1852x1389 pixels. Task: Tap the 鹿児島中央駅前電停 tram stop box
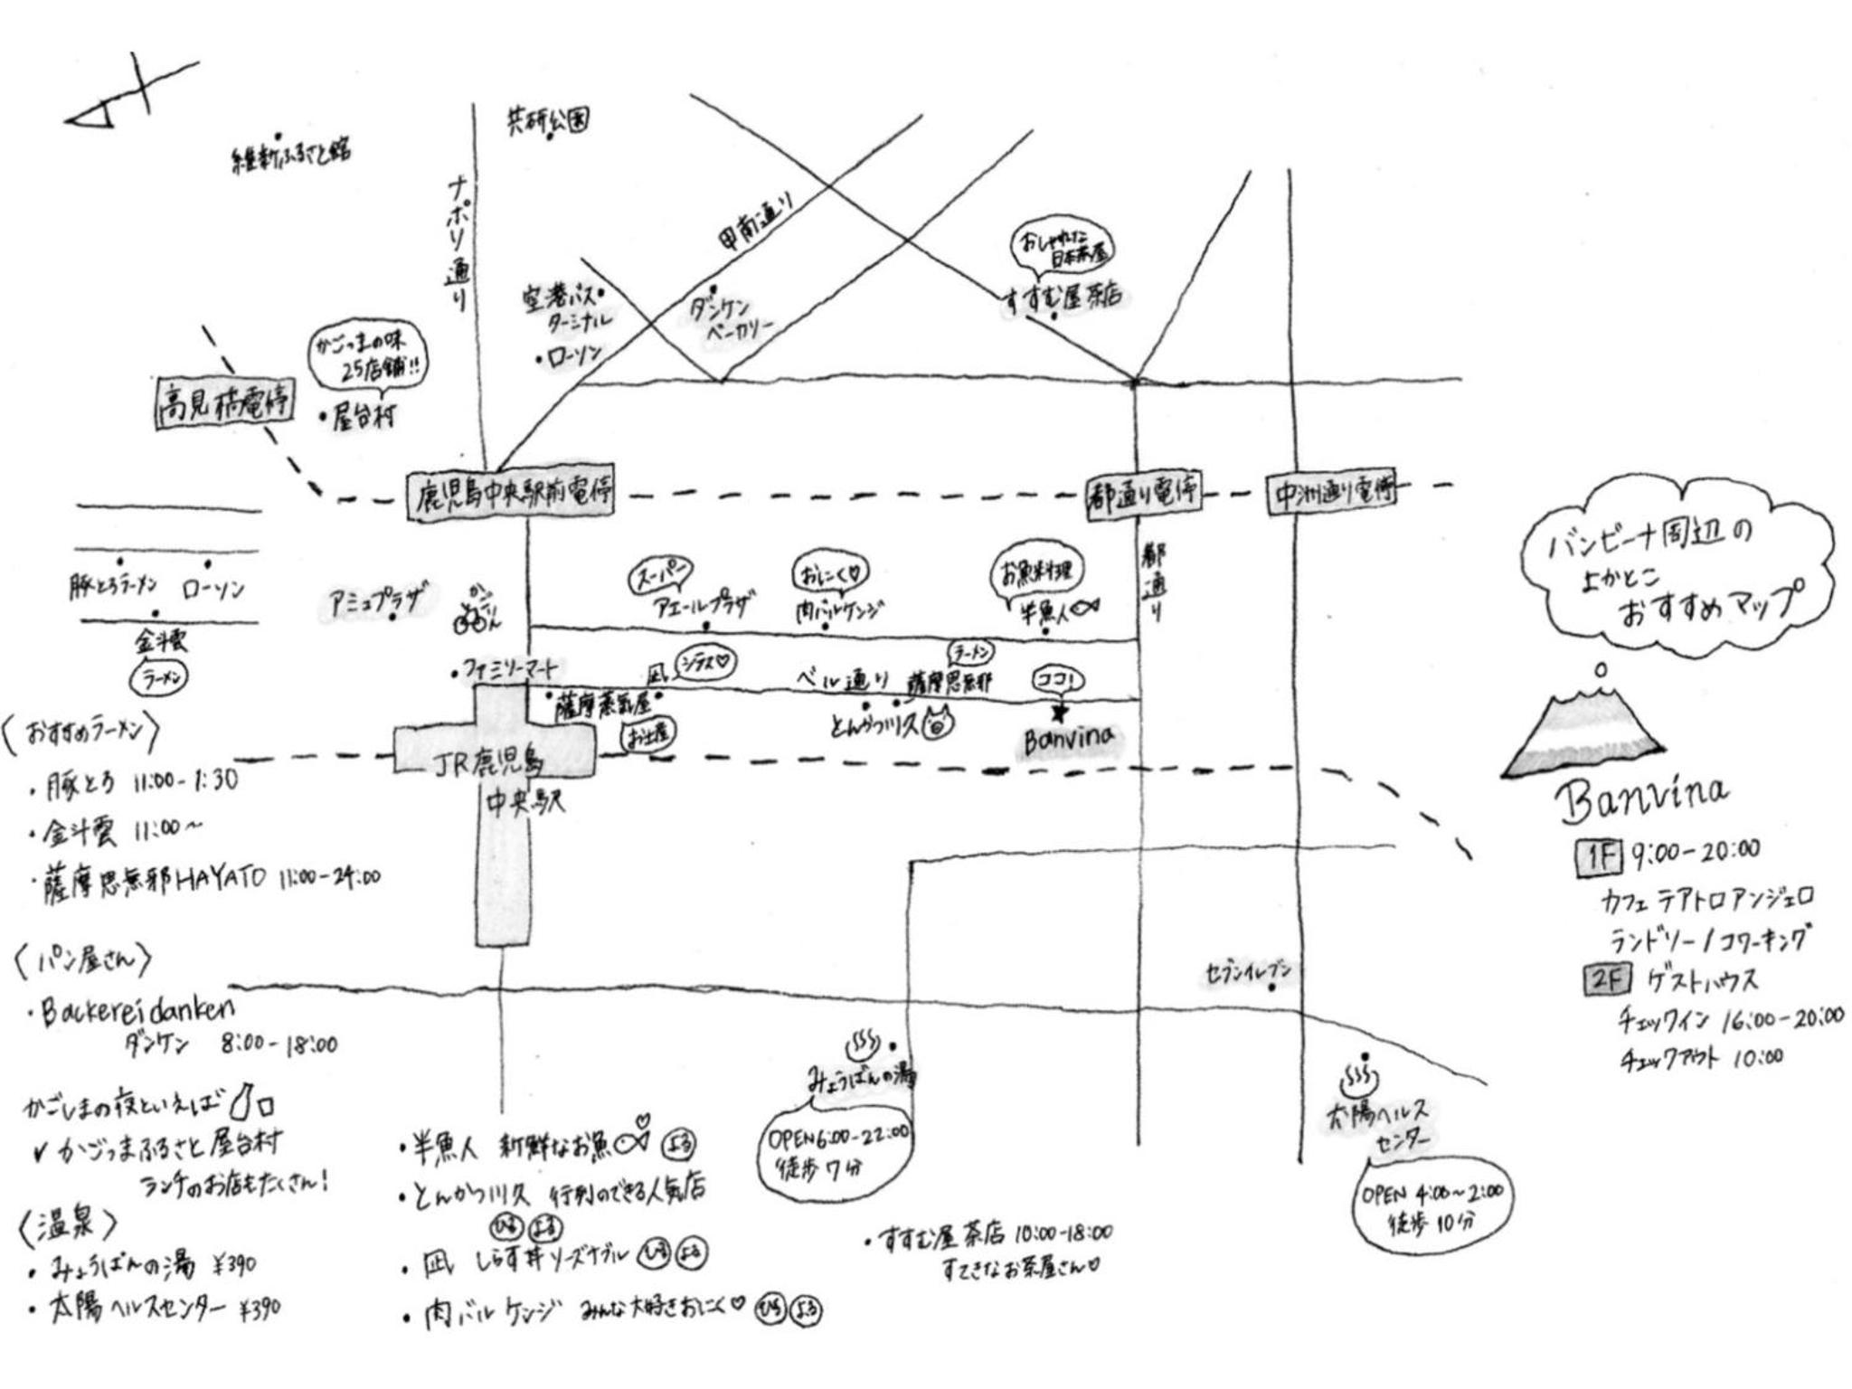pyautogui.click(x=509, y=495)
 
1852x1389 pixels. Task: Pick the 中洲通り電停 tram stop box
pyautogui.click(x=1333, y=493)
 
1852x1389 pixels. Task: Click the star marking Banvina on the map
pyautogui.click(x=1059, y=713)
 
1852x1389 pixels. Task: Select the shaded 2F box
pyautogui.click(x=1607, y=979)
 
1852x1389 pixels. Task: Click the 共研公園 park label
pyautogui.click(x=548, y=120)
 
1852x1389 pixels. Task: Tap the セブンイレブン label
pyautogui.click(x=1248, y=972)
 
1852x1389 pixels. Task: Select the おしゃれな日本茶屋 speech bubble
pyautogui.click(x=1062, y=244)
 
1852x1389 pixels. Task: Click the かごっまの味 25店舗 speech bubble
pyautogui.click(x=368, y=357)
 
